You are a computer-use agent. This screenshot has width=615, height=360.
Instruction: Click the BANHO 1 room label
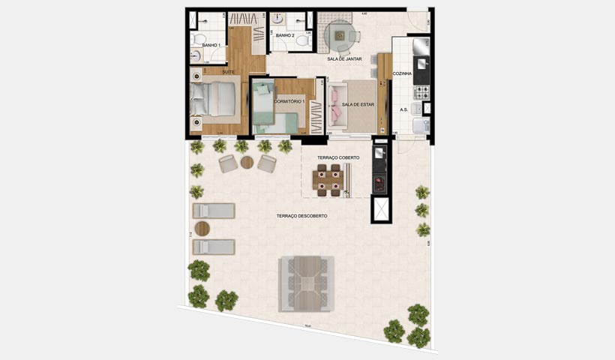[x=211, y=45]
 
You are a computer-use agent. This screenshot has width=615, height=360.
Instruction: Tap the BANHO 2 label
[x=285, y=35]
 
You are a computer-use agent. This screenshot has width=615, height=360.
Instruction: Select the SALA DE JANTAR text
[x=344, y=58]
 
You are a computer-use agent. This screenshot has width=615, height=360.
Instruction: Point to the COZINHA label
[x=403, y=73]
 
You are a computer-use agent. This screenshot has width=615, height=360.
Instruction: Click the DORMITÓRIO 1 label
[x=288, y=101]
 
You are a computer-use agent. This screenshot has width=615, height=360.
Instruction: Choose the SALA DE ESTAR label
[x=357, y=104]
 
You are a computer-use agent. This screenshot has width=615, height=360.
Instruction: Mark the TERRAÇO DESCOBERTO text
[x=301, y=216]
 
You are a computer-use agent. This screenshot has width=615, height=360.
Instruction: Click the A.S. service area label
[x=403, y=109]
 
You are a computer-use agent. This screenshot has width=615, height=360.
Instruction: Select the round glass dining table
[x=338, y=34]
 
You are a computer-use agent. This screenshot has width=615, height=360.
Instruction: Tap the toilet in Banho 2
[x=303, y=41]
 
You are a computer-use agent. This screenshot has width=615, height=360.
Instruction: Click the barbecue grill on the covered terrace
[x=380, y=182]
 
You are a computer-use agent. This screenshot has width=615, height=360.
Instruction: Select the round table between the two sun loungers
[x=202, y=229]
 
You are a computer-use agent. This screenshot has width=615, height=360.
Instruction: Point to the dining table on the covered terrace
[x=326, y=180]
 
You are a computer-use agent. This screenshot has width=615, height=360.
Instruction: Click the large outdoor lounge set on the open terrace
[x=306, y=283]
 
